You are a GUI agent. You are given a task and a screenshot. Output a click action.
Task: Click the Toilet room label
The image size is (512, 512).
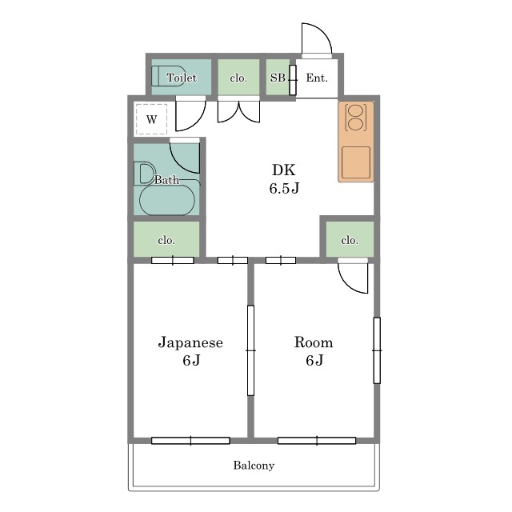pos(182,78)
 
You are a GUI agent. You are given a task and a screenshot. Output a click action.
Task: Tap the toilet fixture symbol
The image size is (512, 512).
pos(169,76)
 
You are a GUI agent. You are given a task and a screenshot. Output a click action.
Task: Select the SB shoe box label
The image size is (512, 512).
pos(278,78)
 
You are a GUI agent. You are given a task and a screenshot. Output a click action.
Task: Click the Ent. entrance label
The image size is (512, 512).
pos(317,78)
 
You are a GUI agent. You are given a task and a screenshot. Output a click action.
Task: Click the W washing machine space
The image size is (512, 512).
pos(151,119)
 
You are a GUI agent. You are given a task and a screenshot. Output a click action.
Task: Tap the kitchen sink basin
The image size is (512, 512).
pos(356,162)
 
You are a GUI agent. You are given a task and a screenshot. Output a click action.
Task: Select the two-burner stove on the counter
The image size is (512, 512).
pos(355,118)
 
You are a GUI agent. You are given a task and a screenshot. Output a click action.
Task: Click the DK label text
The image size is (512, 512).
pos(284,170)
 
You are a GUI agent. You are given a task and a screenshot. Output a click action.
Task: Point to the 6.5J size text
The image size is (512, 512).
pos(284,189)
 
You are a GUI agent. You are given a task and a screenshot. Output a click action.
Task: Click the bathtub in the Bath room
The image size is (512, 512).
pos(167,200)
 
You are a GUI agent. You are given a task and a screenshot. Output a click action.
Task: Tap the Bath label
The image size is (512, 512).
pos(166,180)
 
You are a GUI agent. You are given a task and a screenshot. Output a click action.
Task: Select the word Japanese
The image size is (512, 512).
pos(190,342)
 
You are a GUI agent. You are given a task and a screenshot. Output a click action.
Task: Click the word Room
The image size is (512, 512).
pos(314,342)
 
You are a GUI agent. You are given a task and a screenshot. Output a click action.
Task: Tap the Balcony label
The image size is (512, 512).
pos(254,466)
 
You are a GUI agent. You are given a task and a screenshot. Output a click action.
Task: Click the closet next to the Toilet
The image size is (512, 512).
pos(238,77)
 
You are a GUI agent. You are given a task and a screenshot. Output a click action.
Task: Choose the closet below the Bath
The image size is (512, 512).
pos(166,239)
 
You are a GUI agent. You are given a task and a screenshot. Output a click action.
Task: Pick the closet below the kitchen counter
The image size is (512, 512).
pos(350,239)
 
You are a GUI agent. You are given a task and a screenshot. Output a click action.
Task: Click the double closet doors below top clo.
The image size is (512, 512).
pos(238,111)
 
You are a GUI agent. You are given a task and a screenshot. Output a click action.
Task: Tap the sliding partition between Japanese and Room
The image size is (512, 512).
pos(250,350)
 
